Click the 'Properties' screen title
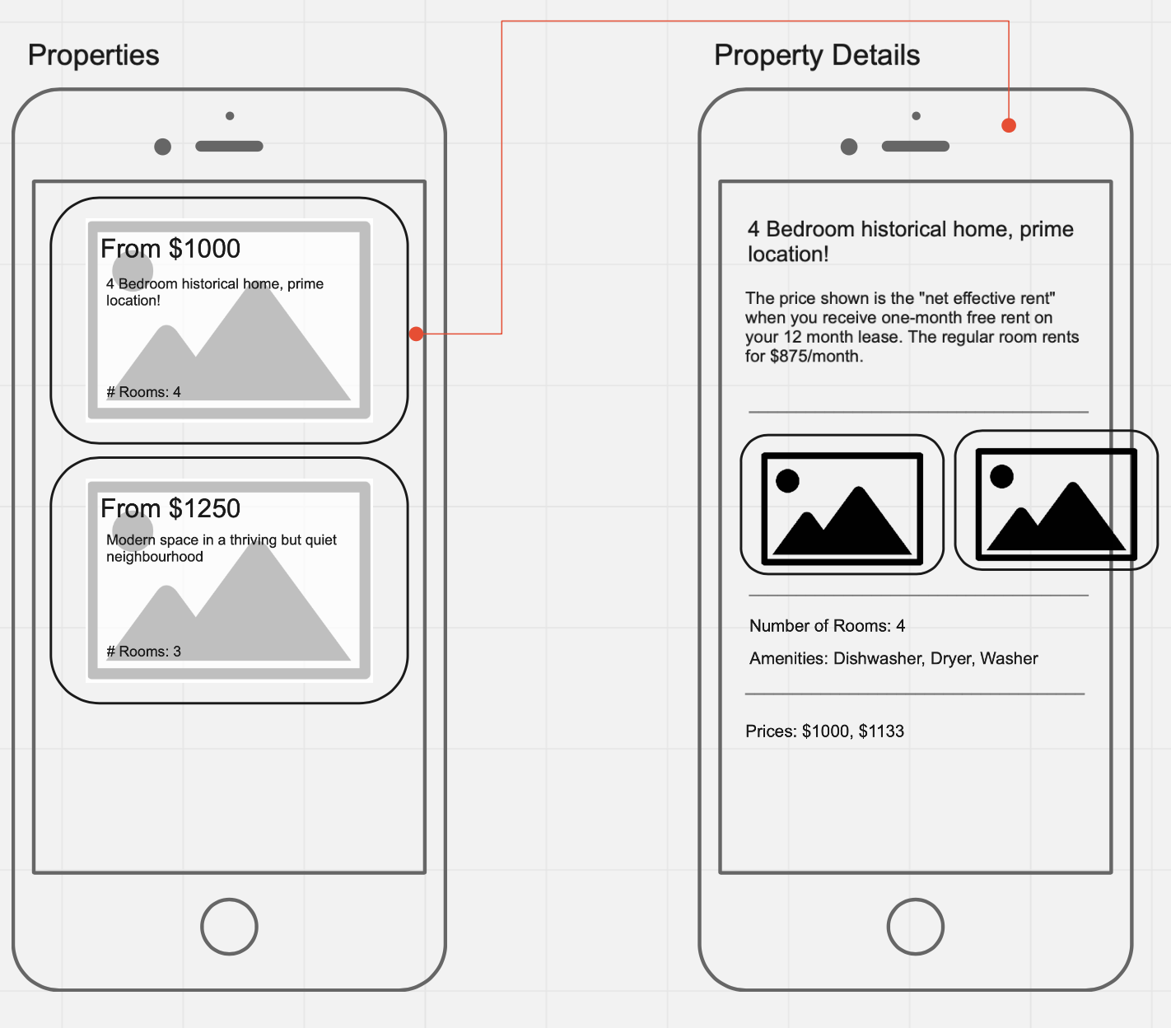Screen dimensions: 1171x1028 click(x=94, y=56)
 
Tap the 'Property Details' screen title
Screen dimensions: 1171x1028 click(x=817, y=56)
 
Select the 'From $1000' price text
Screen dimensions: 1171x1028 click(x=170, y=249)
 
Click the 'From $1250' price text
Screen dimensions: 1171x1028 click(x=170, y=508)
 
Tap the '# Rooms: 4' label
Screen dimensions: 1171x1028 click(x=144, y=392)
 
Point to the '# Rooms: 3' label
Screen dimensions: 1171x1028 click(x=144, y=652)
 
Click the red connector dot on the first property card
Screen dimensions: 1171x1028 click(x=416, y=334)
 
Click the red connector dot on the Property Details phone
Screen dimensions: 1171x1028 click(x=1009, y=125)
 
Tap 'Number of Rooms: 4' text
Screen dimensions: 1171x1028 click(x=827, y=625)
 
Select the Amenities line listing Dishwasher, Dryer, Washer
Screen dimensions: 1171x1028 click(x=893, y=658)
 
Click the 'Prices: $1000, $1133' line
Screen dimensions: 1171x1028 click(x=825, y=731)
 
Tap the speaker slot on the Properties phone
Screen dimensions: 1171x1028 click(x=230, y=147)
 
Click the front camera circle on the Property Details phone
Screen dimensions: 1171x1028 click(x=848, y=147)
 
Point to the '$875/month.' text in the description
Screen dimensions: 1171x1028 click(x=817, y=356)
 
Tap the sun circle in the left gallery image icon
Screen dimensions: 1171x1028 click(x=787, y=480)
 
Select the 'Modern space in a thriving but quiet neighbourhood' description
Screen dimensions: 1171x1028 click(x=222, y=548)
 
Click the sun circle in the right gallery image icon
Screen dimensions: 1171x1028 click(x=1001, y=476)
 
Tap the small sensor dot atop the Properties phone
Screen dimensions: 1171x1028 click(x=230, y=116)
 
